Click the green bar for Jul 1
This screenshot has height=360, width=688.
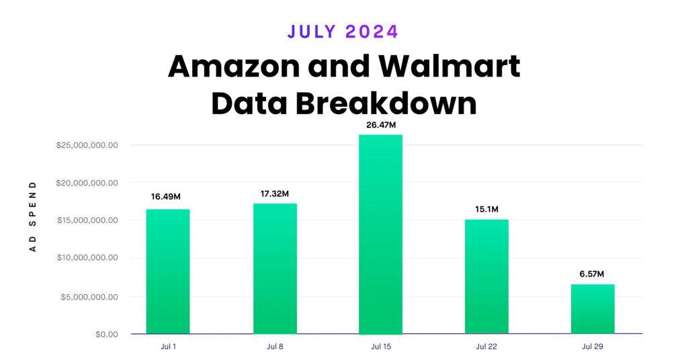tap(167, 271)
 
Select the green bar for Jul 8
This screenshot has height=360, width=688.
tap(275, 269)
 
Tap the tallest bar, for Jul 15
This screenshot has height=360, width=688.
tap(380, 234)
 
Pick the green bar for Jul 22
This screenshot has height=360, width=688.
tap(486, 276)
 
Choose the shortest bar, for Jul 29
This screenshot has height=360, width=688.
tap(593, 309)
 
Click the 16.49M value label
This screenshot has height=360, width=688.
tap(167, 196)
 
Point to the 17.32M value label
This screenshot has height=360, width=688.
tap(275, 194)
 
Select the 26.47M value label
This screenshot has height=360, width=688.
tap(380, 124)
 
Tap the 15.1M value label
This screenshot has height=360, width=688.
tap(486, 210)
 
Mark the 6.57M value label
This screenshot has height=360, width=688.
tap(593, 274)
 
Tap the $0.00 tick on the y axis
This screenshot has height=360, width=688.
tap(105, 334)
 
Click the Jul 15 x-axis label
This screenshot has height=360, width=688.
tap(380, 347)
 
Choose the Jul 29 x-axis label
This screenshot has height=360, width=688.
tap(593, 347)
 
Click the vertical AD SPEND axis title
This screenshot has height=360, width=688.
tap(32, 216)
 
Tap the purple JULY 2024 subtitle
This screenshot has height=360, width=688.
tap(343, 31)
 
